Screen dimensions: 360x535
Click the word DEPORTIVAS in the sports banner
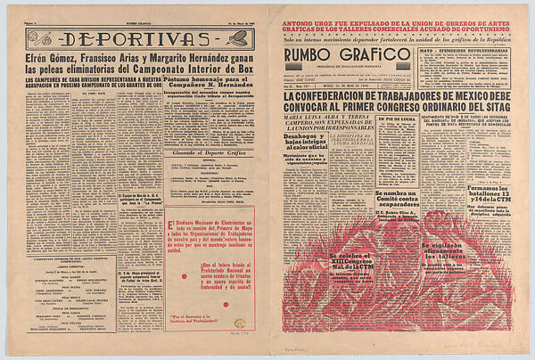tap(129, 38)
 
